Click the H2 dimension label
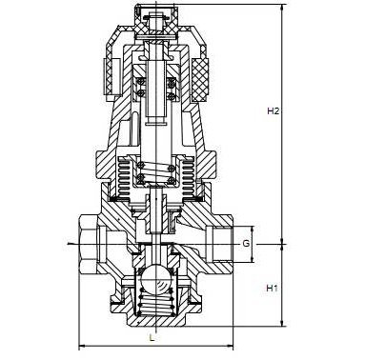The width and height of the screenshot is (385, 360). point(273,111)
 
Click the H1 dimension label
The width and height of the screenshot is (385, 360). point(272,289)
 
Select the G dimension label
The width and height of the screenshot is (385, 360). point(246,244)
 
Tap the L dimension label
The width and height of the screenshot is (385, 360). point(152,338)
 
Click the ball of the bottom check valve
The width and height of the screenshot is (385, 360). point(155,278)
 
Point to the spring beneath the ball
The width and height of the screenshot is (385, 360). point(155,303)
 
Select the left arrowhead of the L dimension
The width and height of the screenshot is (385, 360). point(82,346)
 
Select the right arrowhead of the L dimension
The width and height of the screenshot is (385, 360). point(230,346)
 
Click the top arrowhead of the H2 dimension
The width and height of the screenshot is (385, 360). point(282,8)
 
